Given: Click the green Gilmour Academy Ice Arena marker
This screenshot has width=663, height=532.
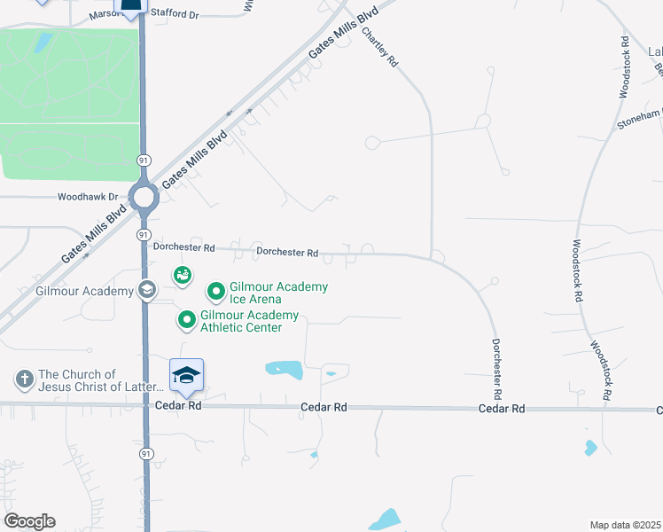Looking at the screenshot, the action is coord(215,291).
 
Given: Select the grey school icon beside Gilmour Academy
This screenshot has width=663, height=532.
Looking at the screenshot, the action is coord(146,290).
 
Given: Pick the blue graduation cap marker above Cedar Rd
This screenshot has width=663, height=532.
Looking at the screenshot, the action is coord(187,375).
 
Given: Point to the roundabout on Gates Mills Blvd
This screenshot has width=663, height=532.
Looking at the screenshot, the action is coord(144,197).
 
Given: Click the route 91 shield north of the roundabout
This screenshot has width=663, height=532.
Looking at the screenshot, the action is coord(143,159).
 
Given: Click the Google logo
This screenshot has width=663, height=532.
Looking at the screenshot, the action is coord(29,521).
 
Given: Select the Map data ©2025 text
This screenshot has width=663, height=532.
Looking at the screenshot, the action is coord(625,525).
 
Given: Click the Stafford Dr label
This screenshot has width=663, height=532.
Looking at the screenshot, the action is coord(175,15).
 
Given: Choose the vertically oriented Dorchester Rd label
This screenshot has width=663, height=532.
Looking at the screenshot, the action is coord(497,368).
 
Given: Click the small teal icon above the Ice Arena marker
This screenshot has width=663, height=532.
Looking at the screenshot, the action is coord(183,276).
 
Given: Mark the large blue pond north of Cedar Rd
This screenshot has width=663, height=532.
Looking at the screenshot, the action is coord(284,369).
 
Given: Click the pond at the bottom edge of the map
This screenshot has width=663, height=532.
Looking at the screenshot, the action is coord(385,520).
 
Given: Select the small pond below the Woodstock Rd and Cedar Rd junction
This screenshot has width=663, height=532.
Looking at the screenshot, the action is coord(590,448).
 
